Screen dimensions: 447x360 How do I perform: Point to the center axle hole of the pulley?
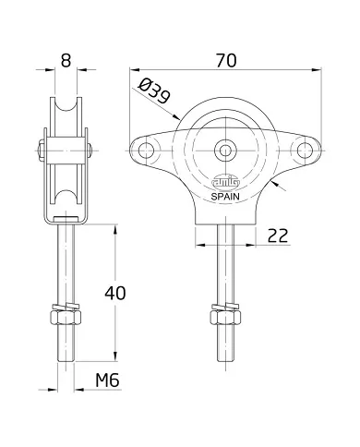[225, 148]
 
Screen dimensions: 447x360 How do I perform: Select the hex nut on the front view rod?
[224, 320]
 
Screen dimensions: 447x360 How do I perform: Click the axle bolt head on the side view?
[42, 148]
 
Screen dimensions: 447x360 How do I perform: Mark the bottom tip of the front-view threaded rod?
[224, 362]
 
